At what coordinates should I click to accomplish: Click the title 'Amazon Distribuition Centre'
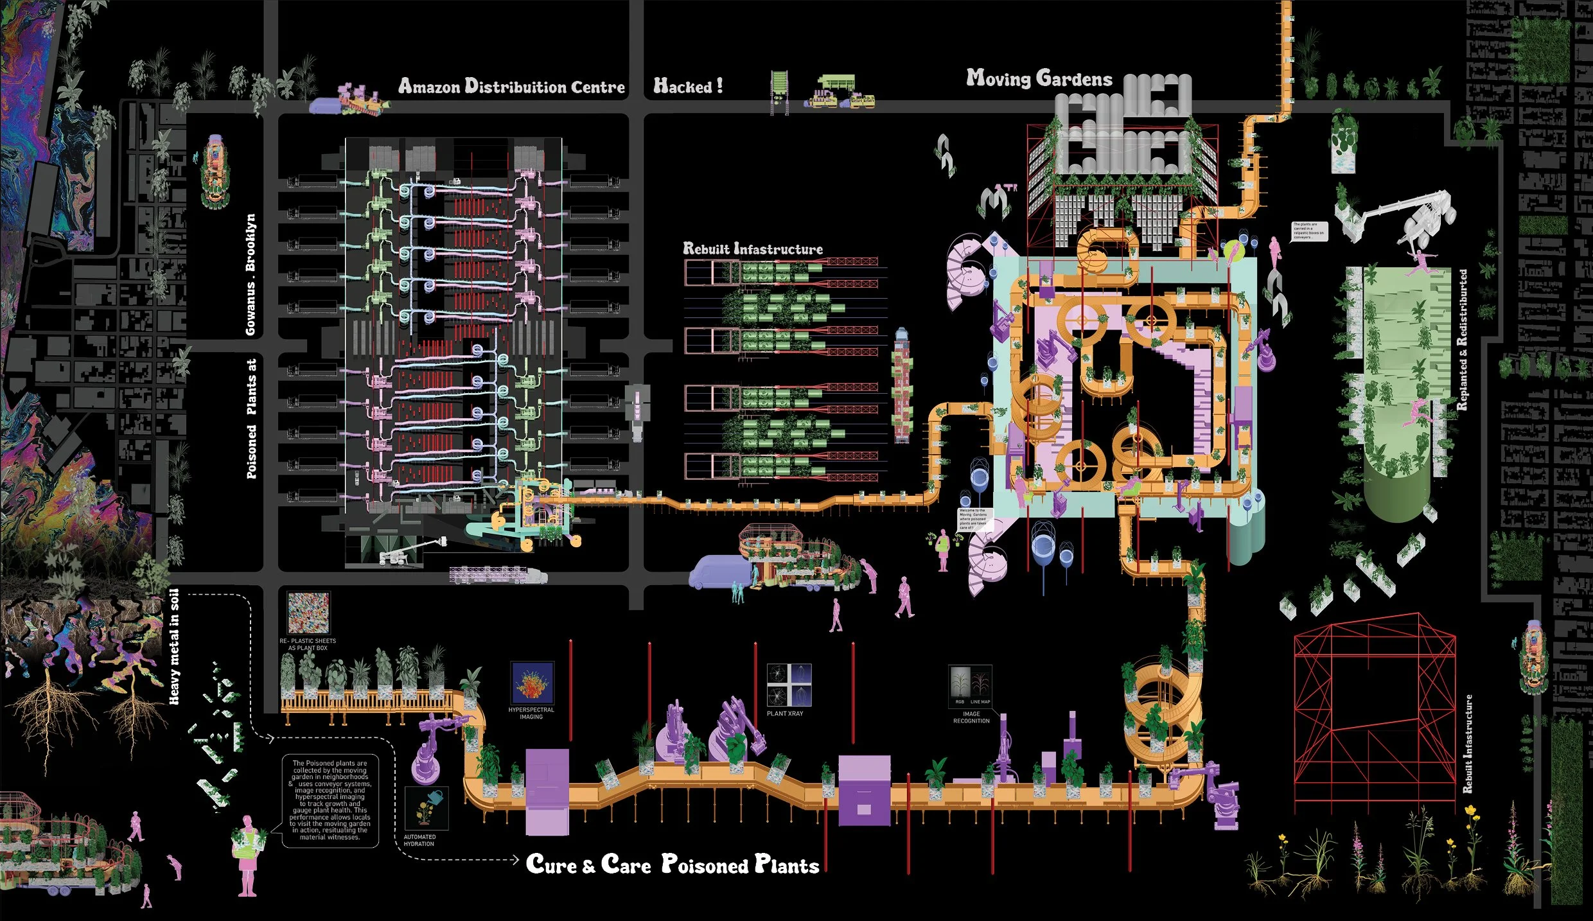[511, 87]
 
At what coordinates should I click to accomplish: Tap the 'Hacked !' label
[688, 86]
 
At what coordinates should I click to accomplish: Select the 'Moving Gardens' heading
[1039, 79]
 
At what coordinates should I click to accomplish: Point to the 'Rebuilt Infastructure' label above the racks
[752, 249]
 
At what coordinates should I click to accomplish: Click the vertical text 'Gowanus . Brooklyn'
[251, 274]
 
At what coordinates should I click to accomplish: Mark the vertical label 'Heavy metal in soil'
[174, 646]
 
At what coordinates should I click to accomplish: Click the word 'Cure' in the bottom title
[551, 864]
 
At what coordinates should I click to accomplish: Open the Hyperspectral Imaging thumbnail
[532, 683]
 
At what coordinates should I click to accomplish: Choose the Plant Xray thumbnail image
[789, 685]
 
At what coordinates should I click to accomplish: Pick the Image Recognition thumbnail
[970, 686]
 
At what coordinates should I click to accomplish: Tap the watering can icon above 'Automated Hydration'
[427, 809]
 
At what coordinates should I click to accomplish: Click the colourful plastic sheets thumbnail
[308, 613]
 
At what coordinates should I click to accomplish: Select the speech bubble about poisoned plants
[330, 801]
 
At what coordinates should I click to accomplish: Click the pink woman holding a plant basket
[247, 854]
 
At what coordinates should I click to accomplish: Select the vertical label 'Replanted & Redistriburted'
[1463, 340]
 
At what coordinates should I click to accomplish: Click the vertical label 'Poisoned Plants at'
[252, 418]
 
